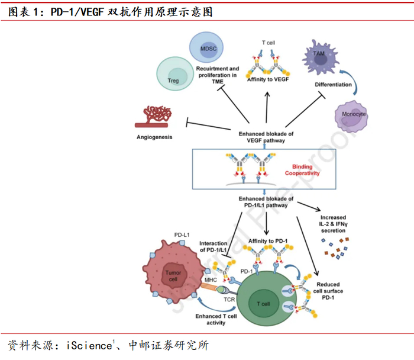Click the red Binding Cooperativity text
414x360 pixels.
[x=302, y=171]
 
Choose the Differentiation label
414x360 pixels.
[x=333, y=85]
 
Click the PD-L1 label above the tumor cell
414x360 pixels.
[x=181, y=235]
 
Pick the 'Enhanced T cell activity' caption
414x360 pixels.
[x=216, y=320]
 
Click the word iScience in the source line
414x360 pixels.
[x=89, y=345]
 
